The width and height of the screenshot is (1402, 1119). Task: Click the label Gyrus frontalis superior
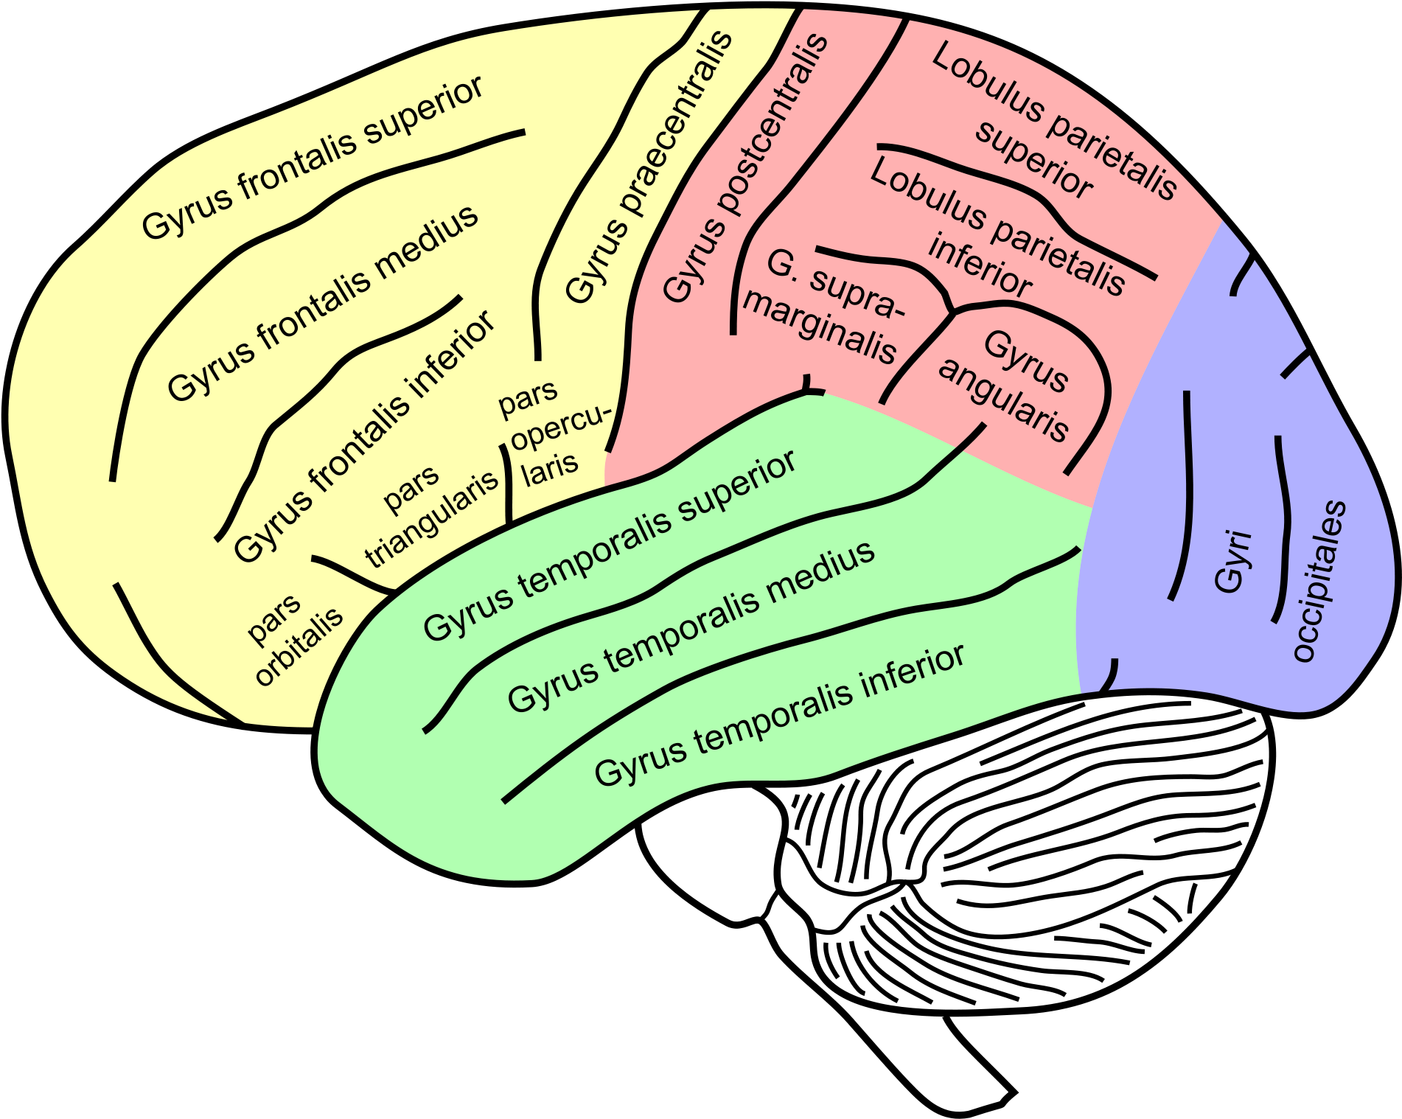click(313, 158)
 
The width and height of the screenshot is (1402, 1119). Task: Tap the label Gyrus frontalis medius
click(323, 304)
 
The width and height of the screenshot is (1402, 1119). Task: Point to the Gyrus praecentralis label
click(649, 168)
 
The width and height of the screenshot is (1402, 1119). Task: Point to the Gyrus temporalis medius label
click(691, 628)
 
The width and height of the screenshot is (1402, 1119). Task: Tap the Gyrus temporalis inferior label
click(780, 715)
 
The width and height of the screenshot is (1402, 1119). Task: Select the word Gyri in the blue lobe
click(1232, 562)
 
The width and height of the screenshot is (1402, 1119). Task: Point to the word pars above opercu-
click(528, 399)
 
